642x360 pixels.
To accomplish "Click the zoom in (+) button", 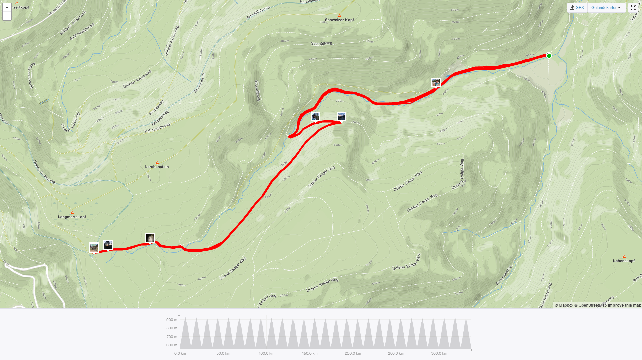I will click(7, 7).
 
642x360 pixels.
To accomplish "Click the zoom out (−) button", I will click(7, 16).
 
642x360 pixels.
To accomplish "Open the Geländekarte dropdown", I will click(606, 8).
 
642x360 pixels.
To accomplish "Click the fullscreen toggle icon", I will click(633, 8).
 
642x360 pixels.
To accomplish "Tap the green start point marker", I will click(549, 56).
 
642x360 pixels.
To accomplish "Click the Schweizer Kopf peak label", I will click(339, 20).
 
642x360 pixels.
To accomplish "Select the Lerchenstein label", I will click(157, 167).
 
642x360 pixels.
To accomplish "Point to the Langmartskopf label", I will click(72, 217).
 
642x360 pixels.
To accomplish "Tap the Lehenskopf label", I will click(624, 261).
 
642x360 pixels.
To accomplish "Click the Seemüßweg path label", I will click(321, 43).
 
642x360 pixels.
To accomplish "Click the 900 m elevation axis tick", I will click(172, 320).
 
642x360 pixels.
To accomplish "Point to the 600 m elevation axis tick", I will click(172, 345).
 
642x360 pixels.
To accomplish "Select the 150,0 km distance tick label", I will click(310, 353).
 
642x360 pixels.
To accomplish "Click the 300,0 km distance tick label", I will click(439, 353).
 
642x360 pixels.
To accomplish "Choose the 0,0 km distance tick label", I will click(180, 353).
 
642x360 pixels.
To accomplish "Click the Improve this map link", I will click(624, 305).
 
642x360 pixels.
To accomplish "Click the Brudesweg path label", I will click(156, 107).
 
